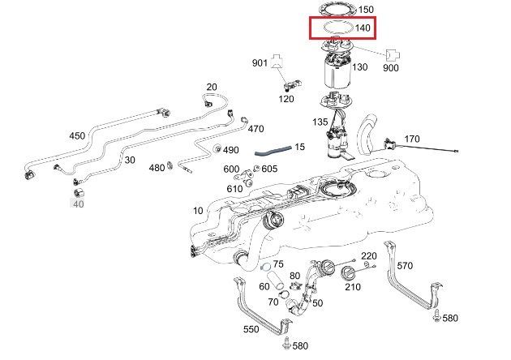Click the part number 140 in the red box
tap(363, 28)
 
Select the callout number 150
tap(366, 10)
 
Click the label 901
tap(260, 63)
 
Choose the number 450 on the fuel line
tap(77, 135)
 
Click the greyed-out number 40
tap(79, 204)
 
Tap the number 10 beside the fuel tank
tap(198, 211)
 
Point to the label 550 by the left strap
tap(251, 330)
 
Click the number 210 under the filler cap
tap(352, 286)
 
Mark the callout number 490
tap(231, 150)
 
